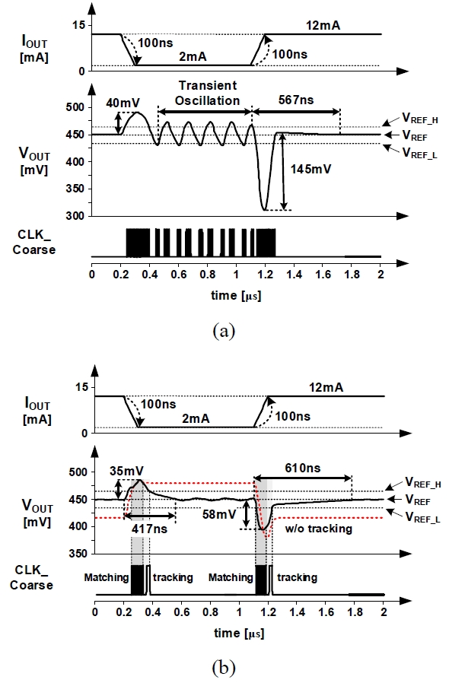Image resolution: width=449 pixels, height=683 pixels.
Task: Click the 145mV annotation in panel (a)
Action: pyautogui.click(x=310, y=169)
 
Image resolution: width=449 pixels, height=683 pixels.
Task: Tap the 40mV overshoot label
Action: pyautogui.click(x=123, y=103)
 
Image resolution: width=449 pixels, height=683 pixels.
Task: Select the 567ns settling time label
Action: pyautogui.click(x=296, y=100)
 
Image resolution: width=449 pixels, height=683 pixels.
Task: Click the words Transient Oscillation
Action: pyautogui.click(x=208, y=93)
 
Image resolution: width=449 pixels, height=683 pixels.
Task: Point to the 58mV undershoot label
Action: pyautogui.click(x=219, y=514)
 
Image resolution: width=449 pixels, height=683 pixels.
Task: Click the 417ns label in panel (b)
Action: pyautogui.click(x=149, y=529)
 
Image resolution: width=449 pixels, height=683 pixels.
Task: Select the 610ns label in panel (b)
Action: pyautogui.click(x=303, y=469)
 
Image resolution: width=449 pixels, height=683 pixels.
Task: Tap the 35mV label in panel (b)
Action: pyautogui.click(x=126, y=472)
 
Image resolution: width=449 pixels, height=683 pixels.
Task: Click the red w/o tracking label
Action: pyautogui.click(x=318, y=529)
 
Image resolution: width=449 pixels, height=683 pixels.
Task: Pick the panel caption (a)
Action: pyautogui.click(x=224, y=331)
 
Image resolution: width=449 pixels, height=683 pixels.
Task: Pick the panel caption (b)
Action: pyautogui.click(x=224, y=667)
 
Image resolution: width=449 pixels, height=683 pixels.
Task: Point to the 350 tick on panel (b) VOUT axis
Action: pyautogui.click(x=78, y=554)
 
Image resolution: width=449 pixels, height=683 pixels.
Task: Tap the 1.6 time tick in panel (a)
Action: pyautogui.click(x=323, y=275)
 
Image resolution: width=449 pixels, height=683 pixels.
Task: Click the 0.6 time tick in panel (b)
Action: pyautogui.click(x=181, y=612)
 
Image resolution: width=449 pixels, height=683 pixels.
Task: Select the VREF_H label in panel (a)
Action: pyautogui.click(x=420, y=118)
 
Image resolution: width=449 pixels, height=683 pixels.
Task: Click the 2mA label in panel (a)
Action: pyautogui.click(x=193, y=56)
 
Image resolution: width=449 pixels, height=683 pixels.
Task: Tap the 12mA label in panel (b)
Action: pyautogui.click(x=326, y=388)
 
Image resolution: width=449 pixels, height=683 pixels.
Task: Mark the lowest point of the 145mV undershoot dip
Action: pyautogui.click(x=264, y=210)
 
